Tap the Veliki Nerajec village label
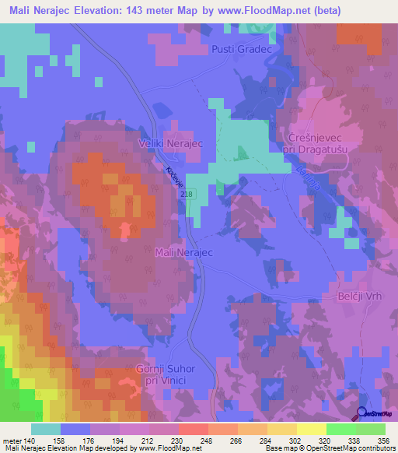(x=170, y=143)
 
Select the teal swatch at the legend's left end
(x=46, y=429)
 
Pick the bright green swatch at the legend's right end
(x=370, y=429)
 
